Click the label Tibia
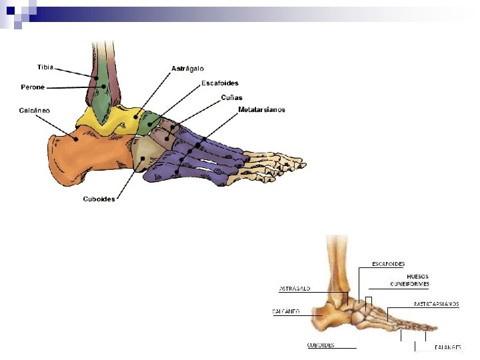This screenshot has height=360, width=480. (45, 67)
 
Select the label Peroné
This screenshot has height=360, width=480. (33, 87)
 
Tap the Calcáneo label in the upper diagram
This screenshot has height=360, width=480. (34, 110)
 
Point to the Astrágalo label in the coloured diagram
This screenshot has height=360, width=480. (187, 69)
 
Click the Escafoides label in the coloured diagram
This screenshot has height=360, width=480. (219, 83)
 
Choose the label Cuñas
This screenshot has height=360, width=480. (231, 97)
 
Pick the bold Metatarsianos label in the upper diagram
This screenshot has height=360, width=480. (261, 109)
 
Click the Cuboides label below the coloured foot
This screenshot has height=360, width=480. (99, 199)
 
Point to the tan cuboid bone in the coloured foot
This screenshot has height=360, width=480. (143, 159)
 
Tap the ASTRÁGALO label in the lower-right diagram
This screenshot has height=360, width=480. (294, 289)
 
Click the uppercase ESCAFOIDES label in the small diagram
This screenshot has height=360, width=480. (388, 265)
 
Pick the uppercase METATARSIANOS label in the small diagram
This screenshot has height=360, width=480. (436, 304)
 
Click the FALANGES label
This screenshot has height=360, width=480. (447, 347)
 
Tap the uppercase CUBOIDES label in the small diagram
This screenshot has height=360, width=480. (320, 345)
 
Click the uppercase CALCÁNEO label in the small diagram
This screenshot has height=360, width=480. (286, 311)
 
